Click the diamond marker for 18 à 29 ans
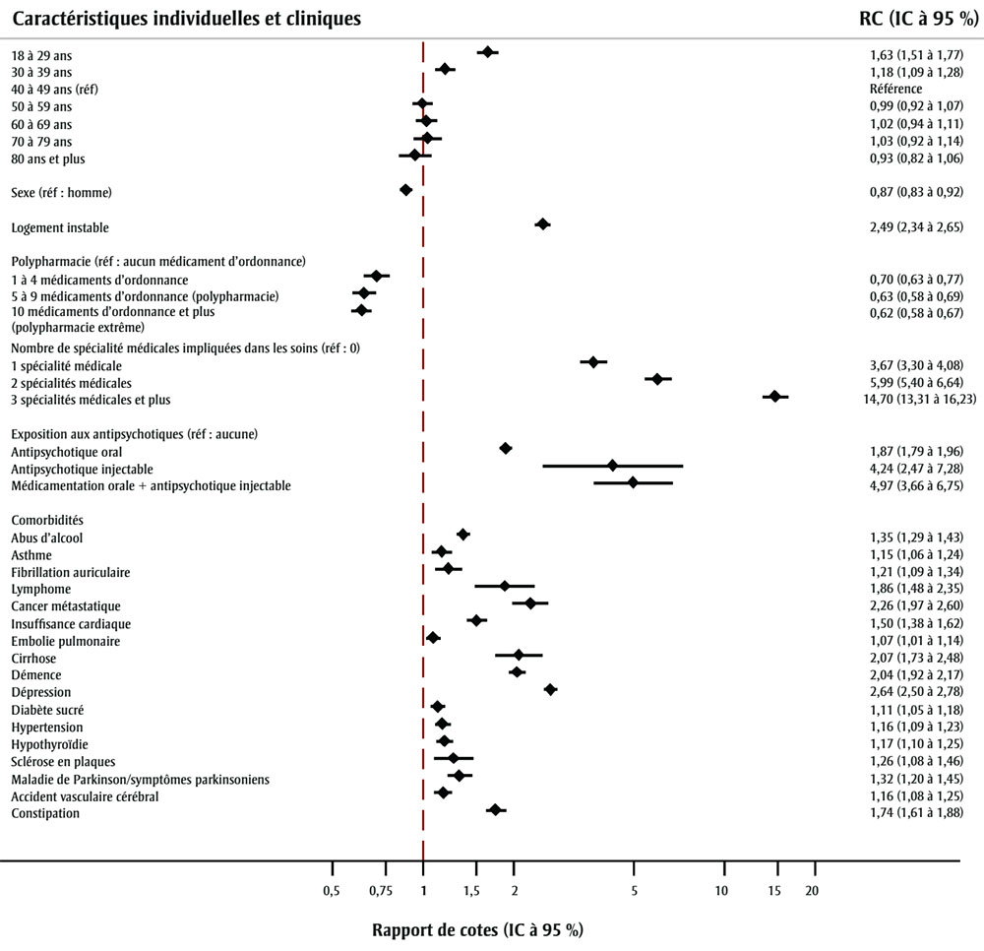point(487,52)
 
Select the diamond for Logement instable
point(542,224)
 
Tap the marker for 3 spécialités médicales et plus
point(774,396)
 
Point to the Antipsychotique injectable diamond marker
point(612,466)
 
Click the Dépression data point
point(550,690)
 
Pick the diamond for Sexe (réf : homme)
point(405,189)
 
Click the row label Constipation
point(45,813)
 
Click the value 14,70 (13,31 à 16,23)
point(914,400)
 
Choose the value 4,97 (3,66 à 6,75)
point(909,486)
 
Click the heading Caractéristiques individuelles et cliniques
point(186,19)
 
